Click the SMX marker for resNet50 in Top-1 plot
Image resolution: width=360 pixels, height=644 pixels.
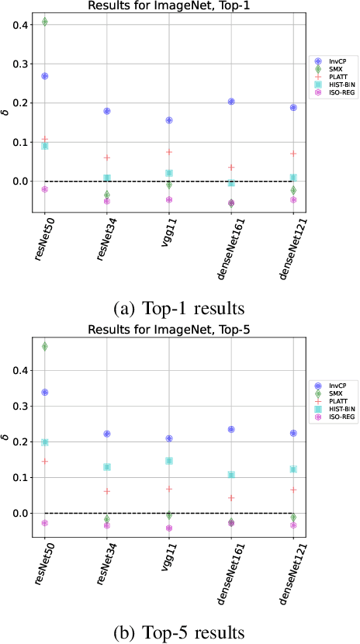(x=44, y=22)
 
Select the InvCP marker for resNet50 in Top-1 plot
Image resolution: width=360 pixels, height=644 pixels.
(x=44, y=76)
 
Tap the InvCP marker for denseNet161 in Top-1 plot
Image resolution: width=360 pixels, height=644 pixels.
(x=231, y=102)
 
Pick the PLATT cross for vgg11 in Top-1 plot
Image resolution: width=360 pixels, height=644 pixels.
(x=169, y=152)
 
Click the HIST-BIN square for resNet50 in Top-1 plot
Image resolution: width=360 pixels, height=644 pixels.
(x=44, y=146)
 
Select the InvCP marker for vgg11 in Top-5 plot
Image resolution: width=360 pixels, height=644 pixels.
(x=169, y=438)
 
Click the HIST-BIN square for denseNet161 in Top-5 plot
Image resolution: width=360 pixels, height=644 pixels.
(x=231, y=475)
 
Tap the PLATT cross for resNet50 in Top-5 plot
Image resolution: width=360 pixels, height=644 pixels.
(x=44, y=461)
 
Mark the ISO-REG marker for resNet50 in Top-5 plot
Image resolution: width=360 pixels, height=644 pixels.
(x=44, y=523)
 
